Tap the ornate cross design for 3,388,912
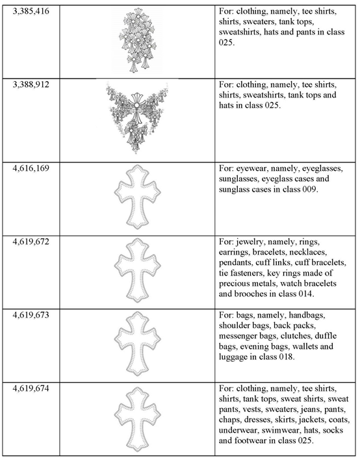click(137, 117)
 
